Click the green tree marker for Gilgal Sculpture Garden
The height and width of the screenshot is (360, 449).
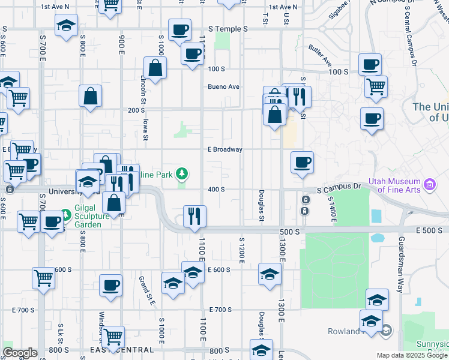tap(65, 214)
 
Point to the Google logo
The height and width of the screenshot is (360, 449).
tap(20, 353)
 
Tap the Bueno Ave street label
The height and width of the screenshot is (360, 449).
tap(223, 86)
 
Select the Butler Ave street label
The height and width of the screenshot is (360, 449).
tap(320, 55)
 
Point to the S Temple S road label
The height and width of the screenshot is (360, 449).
tap(228, 29)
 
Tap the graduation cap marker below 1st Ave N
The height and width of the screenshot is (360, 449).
tap(66, 26)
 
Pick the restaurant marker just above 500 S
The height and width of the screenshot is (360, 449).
tap(194, 215)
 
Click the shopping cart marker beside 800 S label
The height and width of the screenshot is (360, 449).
tap(112, 336)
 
